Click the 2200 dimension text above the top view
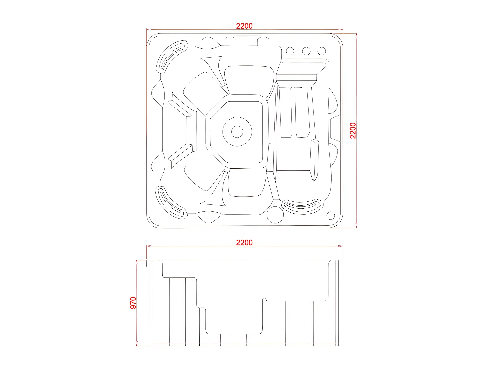[x=244, y=26]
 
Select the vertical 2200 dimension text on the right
[x=353, y=130]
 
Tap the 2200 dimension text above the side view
[x=244, y=243]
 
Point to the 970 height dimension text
[x=133, y=303]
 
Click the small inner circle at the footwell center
[x=237, y=132]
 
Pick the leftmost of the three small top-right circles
[x=290, y=51]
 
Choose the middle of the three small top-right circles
[x=306, y=51]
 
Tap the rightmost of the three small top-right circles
[x=322, y=51]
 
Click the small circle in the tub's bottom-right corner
[x=330, y=216]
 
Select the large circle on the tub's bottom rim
[x=275, y=214]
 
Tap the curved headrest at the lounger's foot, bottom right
[x=302, y=206]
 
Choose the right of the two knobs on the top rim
[x=263, y=42]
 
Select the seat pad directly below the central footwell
[x=247, y=182]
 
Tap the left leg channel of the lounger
[x=286, y=112]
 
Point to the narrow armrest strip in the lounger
[x=315, y=160]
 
